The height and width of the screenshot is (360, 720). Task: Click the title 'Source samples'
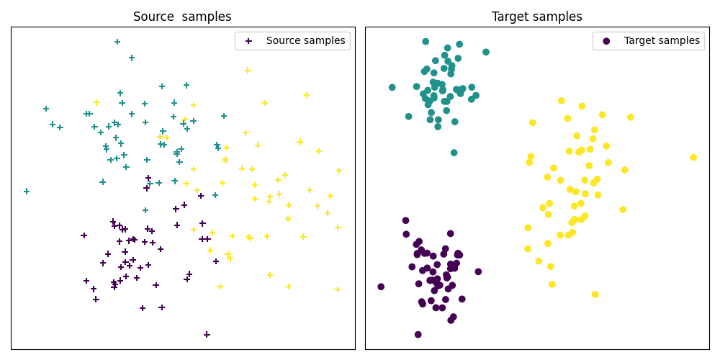182,17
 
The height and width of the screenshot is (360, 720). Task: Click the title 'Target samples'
536,17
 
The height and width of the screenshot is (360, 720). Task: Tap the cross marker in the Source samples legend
248,41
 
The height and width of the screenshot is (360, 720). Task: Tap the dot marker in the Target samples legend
606,41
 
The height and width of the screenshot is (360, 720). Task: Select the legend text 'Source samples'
305,41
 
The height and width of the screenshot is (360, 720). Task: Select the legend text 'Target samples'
662,41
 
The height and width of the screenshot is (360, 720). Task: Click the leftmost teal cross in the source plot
27,192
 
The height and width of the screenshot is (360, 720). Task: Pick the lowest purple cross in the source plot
207,335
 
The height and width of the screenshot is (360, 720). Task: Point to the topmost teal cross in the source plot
117,42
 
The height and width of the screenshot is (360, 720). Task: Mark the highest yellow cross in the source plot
248,71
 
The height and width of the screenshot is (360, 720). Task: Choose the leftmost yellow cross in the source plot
96,102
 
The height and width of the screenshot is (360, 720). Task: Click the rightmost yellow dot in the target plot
693,158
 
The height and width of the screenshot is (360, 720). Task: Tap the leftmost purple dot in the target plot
381,287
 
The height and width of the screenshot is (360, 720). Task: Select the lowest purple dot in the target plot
418,335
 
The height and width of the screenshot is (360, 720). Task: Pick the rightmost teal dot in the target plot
486,52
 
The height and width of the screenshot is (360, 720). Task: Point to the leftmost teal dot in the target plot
392,88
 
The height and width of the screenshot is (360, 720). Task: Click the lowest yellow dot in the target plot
595,294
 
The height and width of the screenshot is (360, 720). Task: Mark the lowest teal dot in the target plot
454,153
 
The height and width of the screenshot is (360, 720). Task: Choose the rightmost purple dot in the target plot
478,271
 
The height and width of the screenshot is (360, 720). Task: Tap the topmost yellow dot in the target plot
562,101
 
